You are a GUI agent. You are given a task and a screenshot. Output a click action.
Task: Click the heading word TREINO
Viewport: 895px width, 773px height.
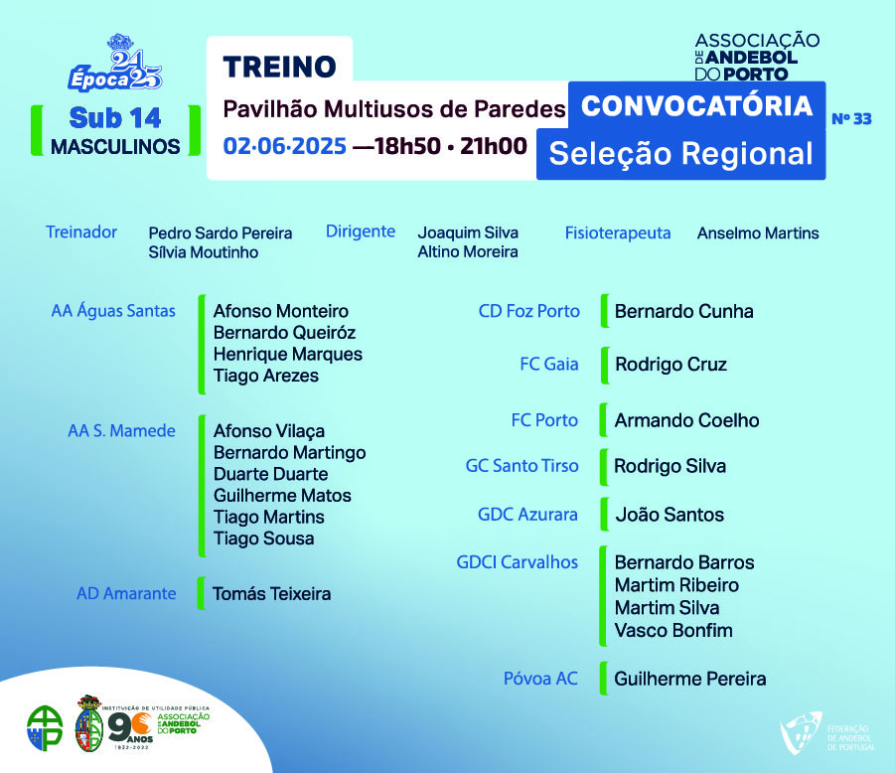tap(280, 67)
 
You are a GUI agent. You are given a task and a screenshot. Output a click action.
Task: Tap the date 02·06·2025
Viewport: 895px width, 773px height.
tap(285, 146)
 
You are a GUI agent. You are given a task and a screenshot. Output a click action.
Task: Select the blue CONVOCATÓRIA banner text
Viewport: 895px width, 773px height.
tap(696, 106)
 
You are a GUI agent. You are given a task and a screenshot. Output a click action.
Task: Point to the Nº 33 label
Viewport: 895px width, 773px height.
tap(851, 119)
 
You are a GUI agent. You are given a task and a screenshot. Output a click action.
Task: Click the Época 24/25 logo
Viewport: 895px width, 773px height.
tap(116, 64)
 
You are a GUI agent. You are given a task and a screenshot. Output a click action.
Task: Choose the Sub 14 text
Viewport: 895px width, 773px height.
tap(115, 118)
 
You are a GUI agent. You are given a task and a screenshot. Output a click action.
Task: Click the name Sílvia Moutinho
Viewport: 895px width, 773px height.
tap(204, 252)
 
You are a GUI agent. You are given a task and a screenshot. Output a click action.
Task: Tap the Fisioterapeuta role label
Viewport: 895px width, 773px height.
tap(618, 232)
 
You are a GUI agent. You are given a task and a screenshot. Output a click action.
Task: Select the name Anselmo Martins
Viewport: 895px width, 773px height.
tap(758, 232)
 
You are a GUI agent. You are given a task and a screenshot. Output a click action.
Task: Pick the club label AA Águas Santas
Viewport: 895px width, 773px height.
tap(113, 311)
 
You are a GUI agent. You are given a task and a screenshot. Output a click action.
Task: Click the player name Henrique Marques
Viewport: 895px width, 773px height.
tap(288, 355)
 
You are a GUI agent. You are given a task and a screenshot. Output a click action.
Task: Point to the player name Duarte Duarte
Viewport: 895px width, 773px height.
tap(270, 474)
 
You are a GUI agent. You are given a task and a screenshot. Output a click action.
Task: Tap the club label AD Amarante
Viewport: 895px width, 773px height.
tap(126, 594)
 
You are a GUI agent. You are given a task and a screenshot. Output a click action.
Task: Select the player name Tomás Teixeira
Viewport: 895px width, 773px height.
tap(272, 594)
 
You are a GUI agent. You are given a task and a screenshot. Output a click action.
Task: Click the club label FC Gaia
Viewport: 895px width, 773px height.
tap(549, 365)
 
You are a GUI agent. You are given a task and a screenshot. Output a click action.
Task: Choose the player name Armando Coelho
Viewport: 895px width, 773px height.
tap(686, 420)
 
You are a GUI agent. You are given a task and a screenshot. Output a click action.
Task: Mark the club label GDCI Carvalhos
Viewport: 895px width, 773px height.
tap(518, 562)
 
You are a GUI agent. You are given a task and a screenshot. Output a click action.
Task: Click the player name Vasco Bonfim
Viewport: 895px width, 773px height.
tap(673, 631)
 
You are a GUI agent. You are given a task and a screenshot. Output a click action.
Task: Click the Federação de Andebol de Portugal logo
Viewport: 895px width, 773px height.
tap(827, 733)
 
